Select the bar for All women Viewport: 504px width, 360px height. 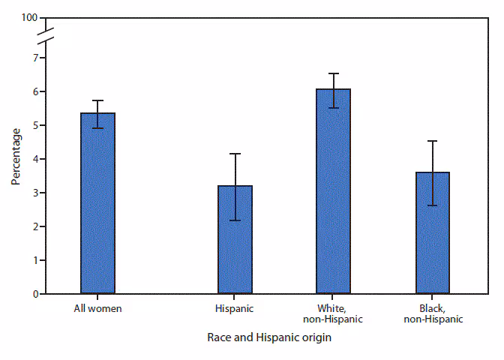tap(97, 203)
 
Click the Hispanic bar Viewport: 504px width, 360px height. tap(235, 239)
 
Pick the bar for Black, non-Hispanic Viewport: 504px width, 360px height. tap(432, 232)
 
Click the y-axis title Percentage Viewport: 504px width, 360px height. tap(16, 157)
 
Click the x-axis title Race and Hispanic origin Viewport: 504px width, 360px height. tap(269, 338)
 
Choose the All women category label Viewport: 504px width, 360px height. tap(97, 308)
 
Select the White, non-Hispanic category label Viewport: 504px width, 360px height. tap(334, 313)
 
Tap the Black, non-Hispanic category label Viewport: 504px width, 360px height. tap(432, 313)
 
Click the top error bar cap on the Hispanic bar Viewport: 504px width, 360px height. tap(235, 154)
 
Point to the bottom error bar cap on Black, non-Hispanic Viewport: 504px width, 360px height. tap(432, 205)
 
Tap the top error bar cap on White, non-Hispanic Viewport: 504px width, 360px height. tap(334, 73)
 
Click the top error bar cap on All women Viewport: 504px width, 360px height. tap(97, 100)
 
